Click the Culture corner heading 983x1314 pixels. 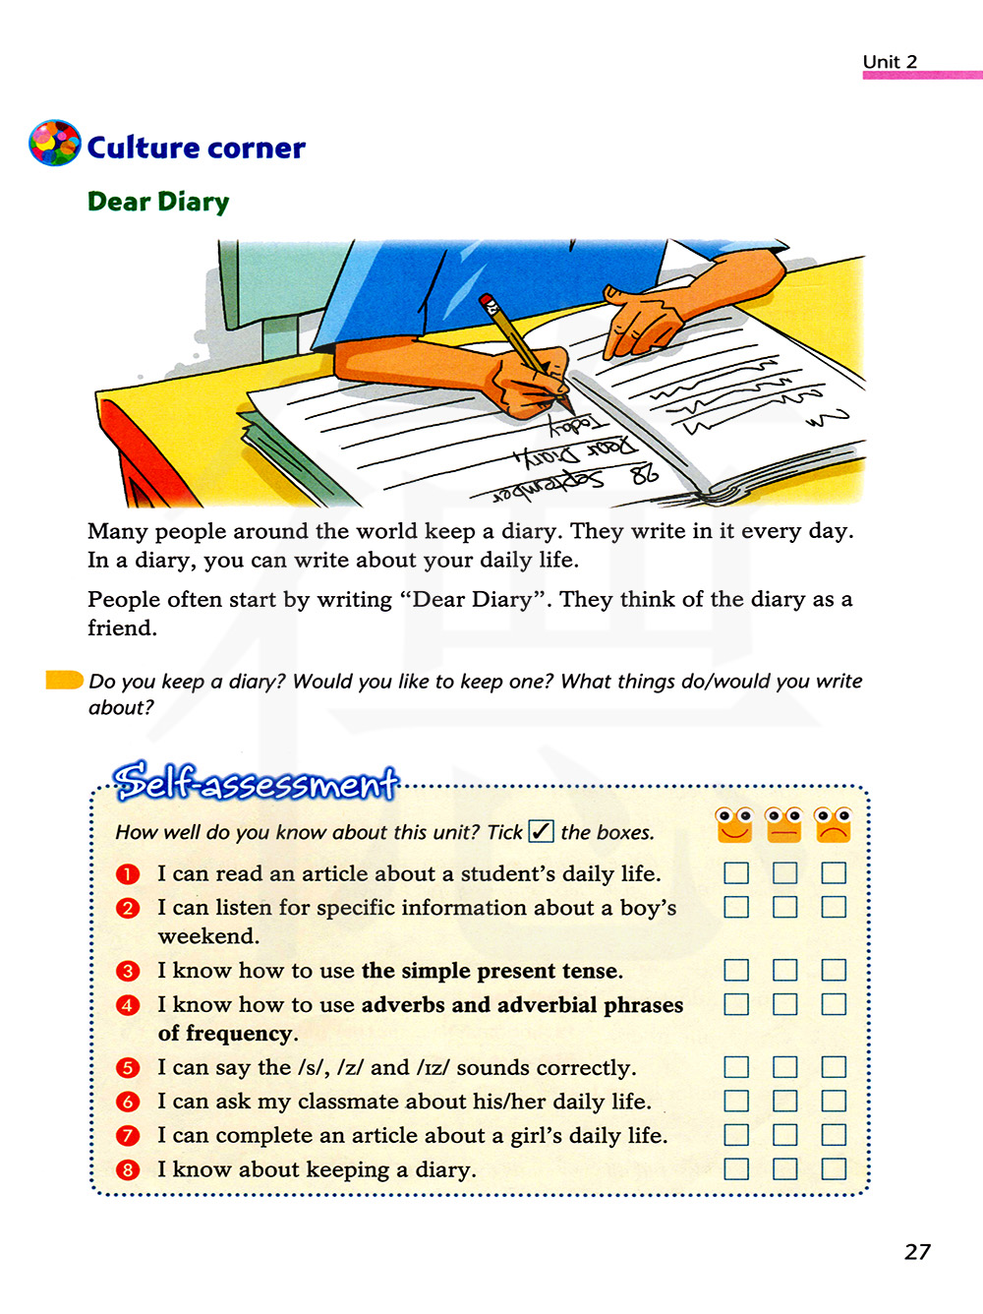click(x=196, y=148)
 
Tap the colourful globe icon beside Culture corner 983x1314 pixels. click(x=55, y=144)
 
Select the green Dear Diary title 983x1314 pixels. click(x=158, y=202)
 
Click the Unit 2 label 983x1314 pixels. click(x=890, y=62)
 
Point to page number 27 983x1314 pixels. click(x=917, y=1251)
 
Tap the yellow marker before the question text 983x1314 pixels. click(x=65, y=680)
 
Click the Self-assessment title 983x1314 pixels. click(x=256, y=782)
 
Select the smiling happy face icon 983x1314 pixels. click(x=734, y=825)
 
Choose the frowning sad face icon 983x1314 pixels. click(x=833, y=825)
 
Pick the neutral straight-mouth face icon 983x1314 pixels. click(x=783, y=825)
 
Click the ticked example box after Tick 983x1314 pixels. click(x=542, y=831)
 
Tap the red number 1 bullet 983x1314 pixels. click(x=128, y=873)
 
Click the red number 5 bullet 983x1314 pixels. click(x=128, y=1067)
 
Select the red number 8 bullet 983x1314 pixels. click(x=128, y=1169)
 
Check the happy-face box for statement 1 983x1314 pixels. click(x=736, y=873)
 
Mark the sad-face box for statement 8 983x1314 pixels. click(x=834, y=1169)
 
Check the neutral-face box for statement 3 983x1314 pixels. click(x=784, y=971)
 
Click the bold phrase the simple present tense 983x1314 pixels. click(x=491, y=971)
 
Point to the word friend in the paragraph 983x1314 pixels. click(x=120, y=627)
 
